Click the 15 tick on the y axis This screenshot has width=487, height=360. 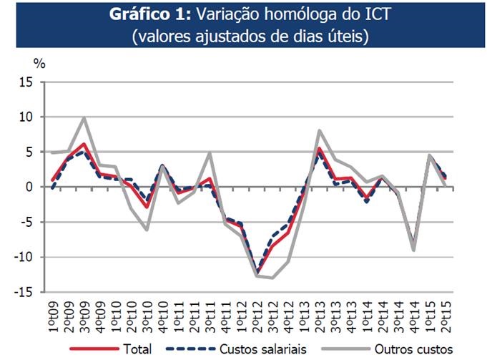coord(26,82)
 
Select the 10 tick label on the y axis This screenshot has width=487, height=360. coord(26,117)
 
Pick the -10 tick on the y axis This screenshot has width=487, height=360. coord(24,257)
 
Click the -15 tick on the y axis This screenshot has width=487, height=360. coord(24,292)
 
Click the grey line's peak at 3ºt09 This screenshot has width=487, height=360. coord(84,118)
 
